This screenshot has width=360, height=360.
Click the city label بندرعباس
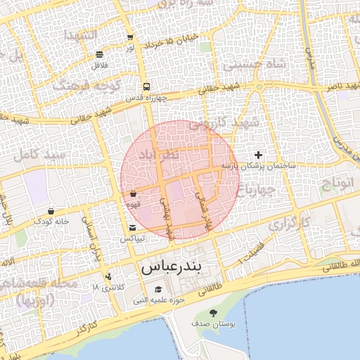coord(172,267)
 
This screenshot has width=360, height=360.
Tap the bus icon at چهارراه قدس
coord(146,87)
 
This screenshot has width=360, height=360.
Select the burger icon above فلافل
coord(99,54)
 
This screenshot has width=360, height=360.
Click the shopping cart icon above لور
coord(130,37)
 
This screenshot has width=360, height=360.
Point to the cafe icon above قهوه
coord(133,193)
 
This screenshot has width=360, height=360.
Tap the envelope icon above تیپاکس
coord(133,227)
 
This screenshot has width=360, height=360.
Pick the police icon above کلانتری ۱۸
coord(108,276)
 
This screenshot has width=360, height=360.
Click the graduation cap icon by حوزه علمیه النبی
coord(158,290)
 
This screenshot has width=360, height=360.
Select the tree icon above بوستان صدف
coord(213,313)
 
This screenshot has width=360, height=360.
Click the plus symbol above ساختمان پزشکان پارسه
coord(258,155)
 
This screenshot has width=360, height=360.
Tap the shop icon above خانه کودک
coord(51,210)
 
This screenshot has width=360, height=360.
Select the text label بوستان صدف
coord(213,324)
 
